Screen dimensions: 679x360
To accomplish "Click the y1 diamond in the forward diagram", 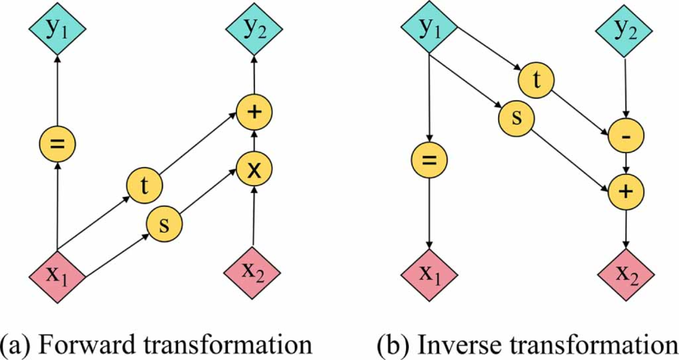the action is (57, 28).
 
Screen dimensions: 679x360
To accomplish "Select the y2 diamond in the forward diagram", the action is (254, 28).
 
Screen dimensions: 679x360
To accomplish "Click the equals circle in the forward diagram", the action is (57, 144).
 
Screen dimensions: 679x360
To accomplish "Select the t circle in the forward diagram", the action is (144, 186).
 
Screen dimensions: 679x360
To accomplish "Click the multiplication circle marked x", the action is (254, 169).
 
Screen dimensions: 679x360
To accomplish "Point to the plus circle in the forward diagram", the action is (254, 112).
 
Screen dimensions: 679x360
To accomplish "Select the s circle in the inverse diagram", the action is (516, 118).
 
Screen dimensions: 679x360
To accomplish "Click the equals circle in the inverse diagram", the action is (429, 160).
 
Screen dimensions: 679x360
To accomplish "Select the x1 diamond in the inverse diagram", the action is (429, 275).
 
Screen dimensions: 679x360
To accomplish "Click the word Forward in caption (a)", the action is (87, 344).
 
